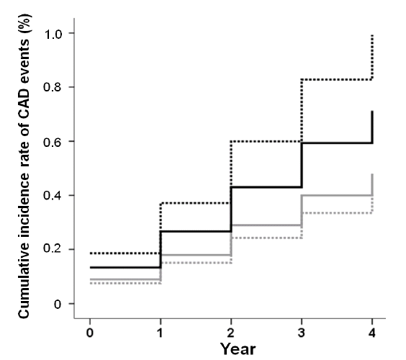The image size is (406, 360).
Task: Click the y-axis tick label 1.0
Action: pyautogui.click(x=53, y=34)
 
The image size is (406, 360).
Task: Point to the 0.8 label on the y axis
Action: pyautogui.click(x=53, y=87)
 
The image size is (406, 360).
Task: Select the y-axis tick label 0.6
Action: pyautogui.click(x=53, y=142)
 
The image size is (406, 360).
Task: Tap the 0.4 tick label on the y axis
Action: pyautogui.click(x=53, y=196)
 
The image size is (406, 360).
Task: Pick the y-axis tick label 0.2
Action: pyautogui.click(x=53, y=249)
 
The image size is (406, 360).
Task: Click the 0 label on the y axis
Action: pyautogui.click(x=58, y=304)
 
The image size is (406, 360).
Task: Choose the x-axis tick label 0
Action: pyautogui.click(x=90, y=333)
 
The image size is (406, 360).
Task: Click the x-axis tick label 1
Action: pyautogui.click(x=161, y=333)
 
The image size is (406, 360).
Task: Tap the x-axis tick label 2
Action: pyautogui.click(x=231, y=333)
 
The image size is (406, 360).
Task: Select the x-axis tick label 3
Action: pyautogui.click(x=302, y=333)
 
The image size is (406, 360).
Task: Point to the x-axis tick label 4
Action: pyautogui.click(x=372, y=333)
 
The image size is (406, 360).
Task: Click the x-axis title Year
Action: pyautogui.click(x=238, y=349)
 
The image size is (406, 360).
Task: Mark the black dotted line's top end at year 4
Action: pyautogui.click(x=372, y=35)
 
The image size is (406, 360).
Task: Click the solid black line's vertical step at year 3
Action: pyautogui.click(x=302, y=165)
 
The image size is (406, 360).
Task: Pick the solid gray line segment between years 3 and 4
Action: pyautogui.click(x=337, y=195)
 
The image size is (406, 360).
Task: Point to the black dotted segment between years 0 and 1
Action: pyautogui.click(x=125, y=253)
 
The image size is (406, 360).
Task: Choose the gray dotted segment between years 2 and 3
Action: pyautogui.click(x=266, y=238)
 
